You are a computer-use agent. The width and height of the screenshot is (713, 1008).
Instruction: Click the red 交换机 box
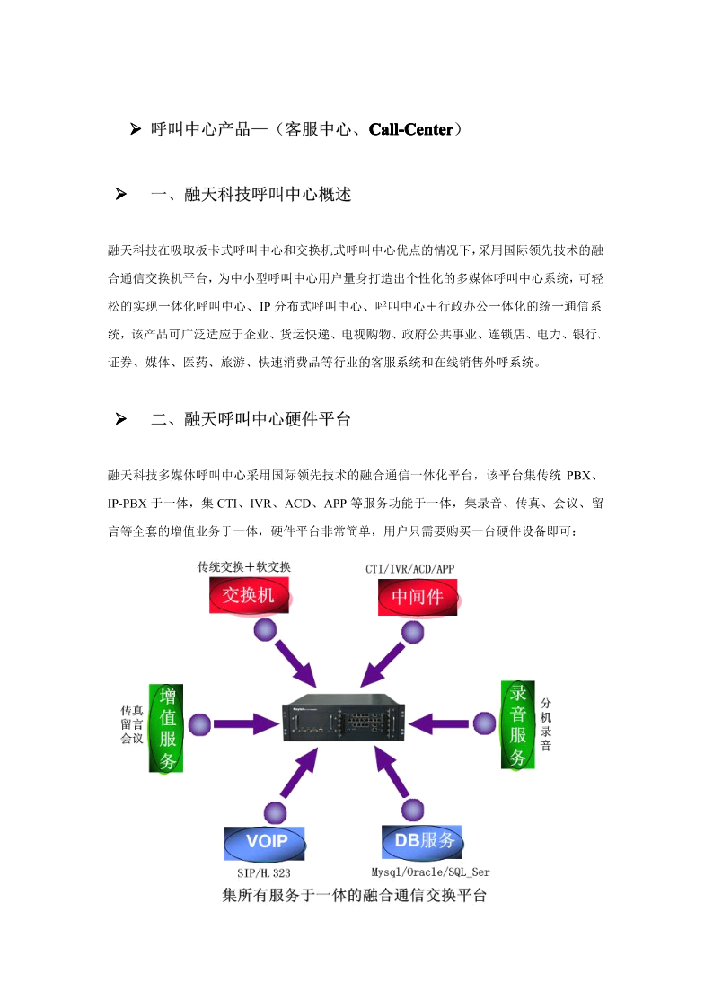coord(249,595)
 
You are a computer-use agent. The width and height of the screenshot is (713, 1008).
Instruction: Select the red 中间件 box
coord(418,597)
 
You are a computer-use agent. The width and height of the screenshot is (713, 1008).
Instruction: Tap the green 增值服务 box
coord(166,728)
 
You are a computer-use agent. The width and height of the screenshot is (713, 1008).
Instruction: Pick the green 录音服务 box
coord(517,724)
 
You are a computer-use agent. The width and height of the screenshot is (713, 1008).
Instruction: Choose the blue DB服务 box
coord(422,842)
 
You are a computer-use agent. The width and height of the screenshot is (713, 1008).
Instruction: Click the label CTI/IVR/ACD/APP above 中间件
coord(410,569)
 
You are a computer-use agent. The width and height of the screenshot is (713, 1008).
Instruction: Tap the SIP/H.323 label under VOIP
coord(264,873)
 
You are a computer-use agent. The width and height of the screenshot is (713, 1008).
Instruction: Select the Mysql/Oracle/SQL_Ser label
coord(430,872)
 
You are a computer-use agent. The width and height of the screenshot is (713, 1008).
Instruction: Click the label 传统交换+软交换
coord(243,567)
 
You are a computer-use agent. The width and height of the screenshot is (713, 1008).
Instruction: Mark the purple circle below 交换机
coord(265,630)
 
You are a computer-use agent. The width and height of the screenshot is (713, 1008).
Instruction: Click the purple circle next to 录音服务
coord(484,723)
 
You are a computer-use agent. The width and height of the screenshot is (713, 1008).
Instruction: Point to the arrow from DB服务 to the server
coord(392,772)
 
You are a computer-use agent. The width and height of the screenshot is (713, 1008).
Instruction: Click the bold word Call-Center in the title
coord(410,129)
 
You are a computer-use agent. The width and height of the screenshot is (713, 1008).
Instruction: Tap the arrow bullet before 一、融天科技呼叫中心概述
coord(121,194)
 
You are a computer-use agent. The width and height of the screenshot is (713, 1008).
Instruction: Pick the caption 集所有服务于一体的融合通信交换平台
coord(354,896)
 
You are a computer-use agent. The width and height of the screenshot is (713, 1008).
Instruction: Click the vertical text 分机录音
coord(546,724)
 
